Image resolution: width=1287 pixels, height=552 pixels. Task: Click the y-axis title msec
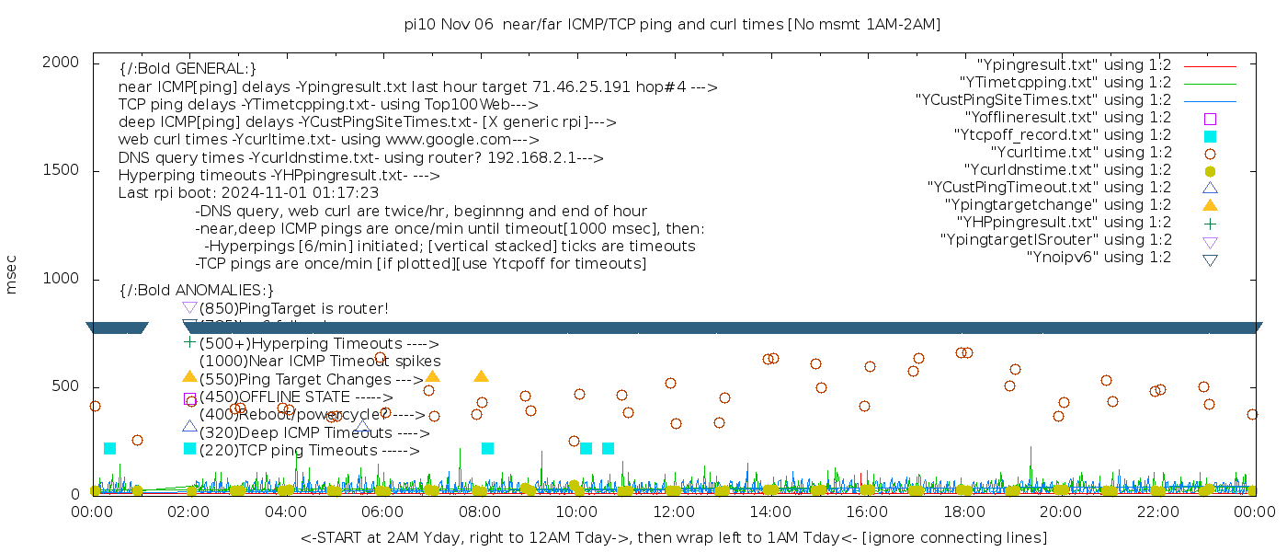click(12, 277)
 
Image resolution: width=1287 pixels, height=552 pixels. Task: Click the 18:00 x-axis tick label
click(963, 512)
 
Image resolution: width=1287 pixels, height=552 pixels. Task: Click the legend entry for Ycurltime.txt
click(1081, 153)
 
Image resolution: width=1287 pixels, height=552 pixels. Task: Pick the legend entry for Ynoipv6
click(1099, 258)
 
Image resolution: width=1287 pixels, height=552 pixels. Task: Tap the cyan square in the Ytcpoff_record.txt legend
click(1210, 136)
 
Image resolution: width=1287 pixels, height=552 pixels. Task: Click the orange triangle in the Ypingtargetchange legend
click(1210, 205)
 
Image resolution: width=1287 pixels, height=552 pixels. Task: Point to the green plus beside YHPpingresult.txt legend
click(1210, 223)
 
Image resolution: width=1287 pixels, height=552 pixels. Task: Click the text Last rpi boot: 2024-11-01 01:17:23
click(248, 193)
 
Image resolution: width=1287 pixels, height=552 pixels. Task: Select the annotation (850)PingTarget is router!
click(294, 308)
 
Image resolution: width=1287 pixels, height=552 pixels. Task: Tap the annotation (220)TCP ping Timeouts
click(309, 451)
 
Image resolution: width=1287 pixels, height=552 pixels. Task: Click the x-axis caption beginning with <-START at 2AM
click(673, 537)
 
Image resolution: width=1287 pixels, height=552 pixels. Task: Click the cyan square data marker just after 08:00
click(487, 449)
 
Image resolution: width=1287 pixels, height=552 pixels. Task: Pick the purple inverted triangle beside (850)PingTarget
click(189, 308)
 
